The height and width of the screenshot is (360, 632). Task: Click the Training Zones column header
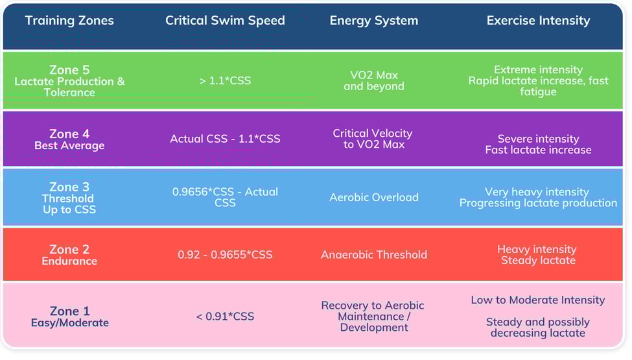[x=69, y=21]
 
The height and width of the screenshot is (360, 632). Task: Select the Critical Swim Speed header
[x=225, y=21]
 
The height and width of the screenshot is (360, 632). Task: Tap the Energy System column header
[x=374, y=21]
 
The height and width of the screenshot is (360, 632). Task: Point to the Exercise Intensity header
[x=538, y=21]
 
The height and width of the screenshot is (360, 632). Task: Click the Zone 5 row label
[x=69, y=80]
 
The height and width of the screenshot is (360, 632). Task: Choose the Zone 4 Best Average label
[x=69, y=139]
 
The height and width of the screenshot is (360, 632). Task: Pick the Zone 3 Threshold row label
[x=69, y=198]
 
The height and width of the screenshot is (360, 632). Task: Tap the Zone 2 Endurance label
[x=69, y=254]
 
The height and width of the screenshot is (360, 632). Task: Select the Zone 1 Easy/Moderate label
[x=70, y=317]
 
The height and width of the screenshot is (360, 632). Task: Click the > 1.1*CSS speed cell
[x=225, y=81]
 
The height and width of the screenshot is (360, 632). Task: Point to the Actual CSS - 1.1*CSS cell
[x=225, y=139]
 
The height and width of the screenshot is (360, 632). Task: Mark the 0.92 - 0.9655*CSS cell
[x=225, y=255]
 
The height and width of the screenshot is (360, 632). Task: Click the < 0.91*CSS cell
[x=225, y=317]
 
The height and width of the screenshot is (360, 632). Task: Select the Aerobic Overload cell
[x=374, y=197]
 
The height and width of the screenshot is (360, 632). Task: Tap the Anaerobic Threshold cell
[x=374, y=255]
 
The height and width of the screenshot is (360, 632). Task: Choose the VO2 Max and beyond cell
[x=374, y=81]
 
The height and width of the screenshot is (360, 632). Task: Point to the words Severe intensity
[x=538, y=139]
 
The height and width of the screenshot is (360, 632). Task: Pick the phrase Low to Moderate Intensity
[x=538, y=300]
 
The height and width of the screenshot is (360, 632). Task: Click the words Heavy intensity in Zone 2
[x=537, y=249]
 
